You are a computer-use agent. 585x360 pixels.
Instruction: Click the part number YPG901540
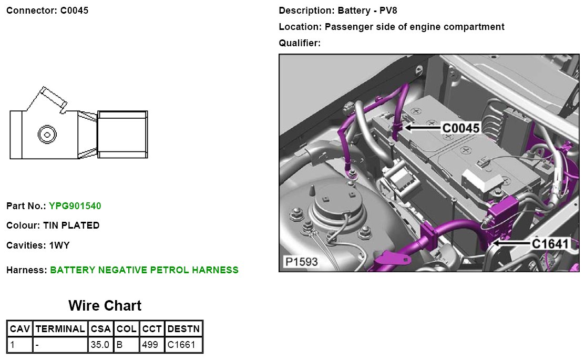pos(75,206)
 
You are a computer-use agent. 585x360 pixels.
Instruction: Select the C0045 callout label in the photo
pos(460,128)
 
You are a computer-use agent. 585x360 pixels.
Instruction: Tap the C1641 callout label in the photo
pos(550,244)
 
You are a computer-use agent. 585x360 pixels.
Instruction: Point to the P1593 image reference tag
pos(301,261)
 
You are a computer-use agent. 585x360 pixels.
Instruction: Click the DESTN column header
pos(183,329)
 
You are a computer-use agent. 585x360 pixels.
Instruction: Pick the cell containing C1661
pos(180,345)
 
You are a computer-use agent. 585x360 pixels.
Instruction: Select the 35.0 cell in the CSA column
pos(99,345)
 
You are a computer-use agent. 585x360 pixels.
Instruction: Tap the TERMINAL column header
pos(60,329)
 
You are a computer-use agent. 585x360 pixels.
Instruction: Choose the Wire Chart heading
pos(105,305)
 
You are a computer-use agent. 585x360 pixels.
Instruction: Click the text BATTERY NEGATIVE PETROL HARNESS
pos(144,270)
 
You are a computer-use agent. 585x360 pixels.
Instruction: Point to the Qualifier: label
pos(300,43)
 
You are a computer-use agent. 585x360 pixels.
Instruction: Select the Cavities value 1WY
pos(59,245)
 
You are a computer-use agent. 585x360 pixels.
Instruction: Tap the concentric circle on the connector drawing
pos(46,135)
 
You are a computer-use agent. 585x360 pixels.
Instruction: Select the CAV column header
pos(20,329)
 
